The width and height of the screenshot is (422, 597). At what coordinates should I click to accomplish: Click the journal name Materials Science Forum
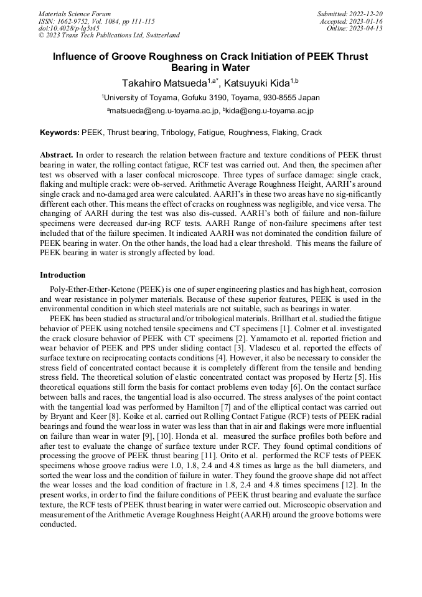click(75, 14)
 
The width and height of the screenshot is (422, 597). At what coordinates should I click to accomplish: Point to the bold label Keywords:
click(60, 133)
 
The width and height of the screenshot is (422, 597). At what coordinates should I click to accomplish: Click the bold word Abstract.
click(56, 154)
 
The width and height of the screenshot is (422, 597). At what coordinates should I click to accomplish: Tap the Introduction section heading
click(63, 275)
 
